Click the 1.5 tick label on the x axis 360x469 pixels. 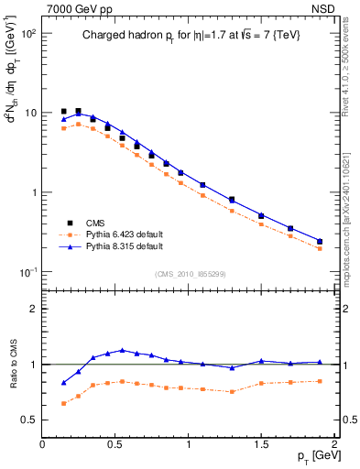(x=261, y=444)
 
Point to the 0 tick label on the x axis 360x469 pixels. (x=42, y=444)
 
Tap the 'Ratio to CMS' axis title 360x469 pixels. (x=11, y=364)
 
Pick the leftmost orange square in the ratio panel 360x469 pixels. (x=63, y=403)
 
